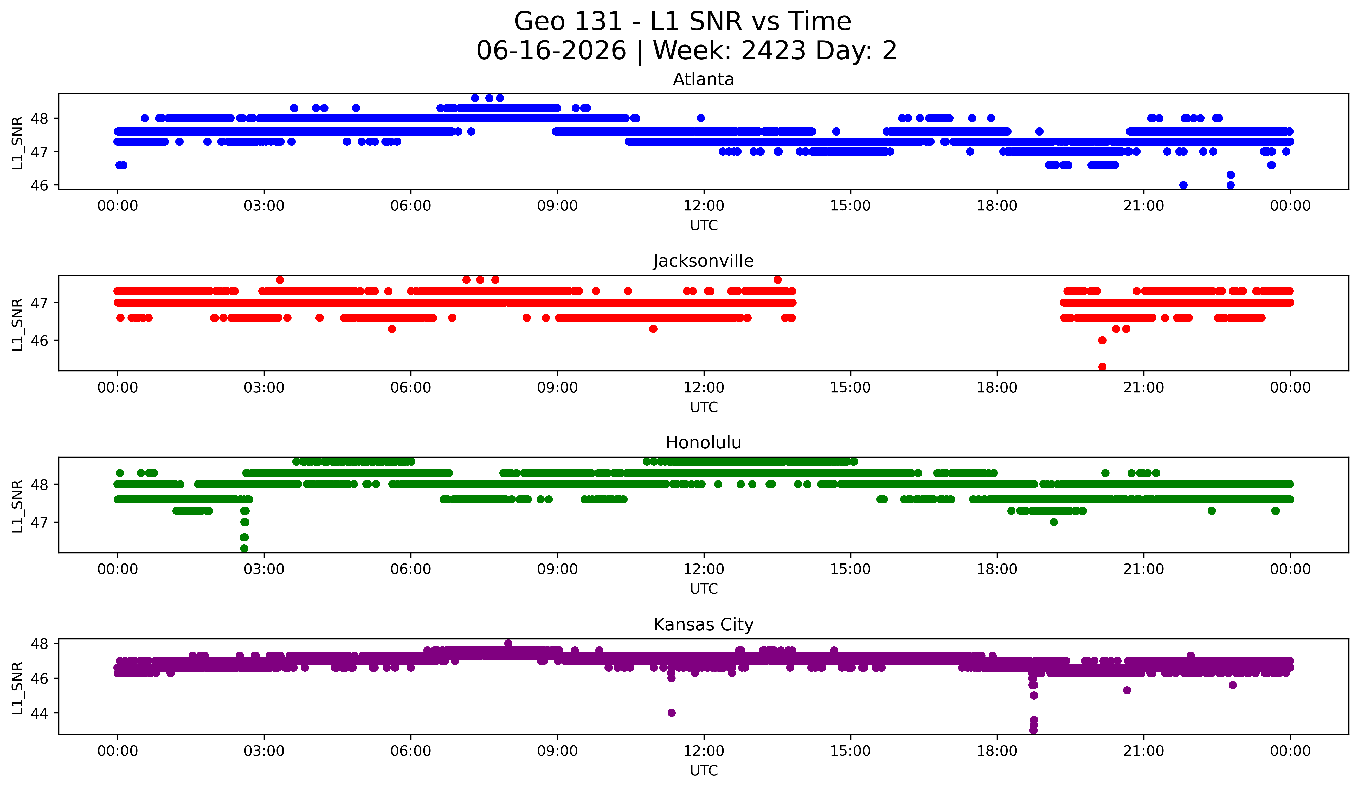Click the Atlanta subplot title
[x=703, y=79]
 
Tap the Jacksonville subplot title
[x=703, y=261]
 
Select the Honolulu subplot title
[x=703, y=443]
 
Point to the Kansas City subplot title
[x=703, y=625]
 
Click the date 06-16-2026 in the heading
[x=551, y=51]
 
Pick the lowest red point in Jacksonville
[x=1102, y=367]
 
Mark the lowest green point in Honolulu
[x=244, y=548]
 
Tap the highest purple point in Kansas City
[x=508, y=643]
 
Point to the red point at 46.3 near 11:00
[x=653, y=329]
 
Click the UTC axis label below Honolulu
[x=704, y=589]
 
